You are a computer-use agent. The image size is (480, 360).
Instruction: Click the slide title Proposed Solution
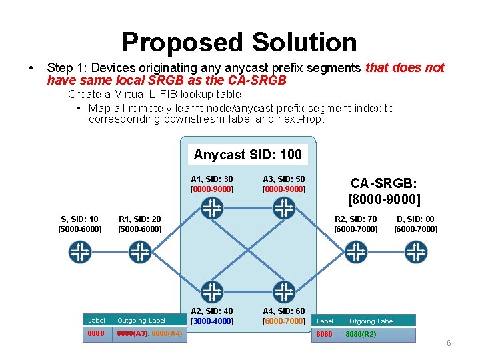click(x=239, y=42)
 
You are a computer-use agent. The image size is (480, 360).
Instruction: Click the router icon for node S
click(x=80, y=252)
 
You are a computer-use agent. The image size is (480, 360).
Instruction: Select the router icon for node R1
click(x=139, y=252)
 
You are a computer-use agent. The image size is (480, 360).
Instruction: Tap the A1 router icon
click(x=212, y=209)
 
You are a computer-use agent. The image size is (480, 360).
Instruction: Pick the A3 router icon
click(x=284, y=209)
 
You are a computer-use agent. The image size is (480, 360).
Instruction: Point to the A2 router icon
click(x=212, y=292)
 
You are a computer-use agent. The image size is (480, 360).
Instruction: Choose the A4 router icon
click(x=284, y=292)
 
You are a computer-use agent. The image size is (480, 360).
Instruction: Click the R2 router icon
click(x=355, y=252)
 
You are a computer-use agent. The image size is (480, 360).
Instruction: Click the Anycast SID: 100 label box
click(x=248, y=155)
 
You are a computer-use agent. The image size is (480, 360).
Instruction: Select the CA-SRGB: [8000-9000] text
click(x=384, y=191)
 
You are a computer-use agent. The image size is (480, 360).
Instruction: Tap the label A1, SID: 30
click(x=212, y=179)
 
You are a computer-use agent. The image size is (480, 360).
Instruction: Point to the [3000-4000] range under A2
click(x=212, y=321)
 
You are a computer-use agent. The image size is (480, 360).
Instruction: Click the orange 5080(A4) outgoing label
click(x=167, y=333)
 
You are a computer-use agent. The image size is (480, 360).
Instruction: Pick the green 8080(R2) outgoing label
click(x=361, y=334)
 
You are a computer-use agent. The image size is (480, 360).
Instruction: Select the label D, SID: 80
click(x=415, y=219)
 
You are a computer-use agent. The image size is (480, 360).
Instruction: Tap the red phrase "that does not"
click(x=405, y=67)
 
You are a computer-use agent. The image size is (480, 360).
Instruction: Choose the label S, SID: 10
click(x=80, y=219)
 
